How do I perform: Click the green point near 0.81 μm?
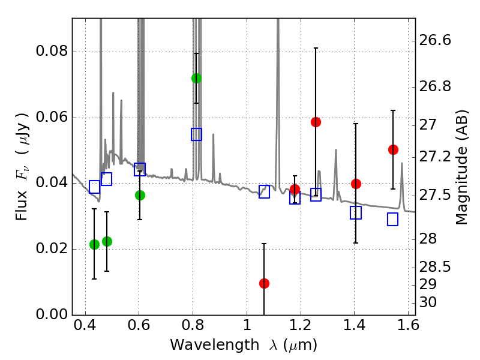point(196,78)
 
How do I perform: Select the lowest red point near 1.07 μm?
point(264,283)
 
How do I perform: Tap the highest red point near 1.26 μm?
point(316,122)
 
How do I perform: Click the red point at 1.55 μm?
point(393,149)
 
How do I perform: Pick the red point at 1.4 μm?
point(356,184)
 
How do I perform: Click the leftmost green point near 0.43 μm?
point(94,244)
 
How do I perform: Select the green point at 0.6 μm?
point(140,195)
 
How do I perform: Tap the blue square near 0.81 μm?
point(196,134)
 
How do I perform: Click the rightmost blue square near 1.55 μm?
point(393,220)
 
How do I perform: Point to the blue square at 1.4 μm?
point(356,212)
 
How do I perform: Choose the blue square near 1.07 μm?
point(264,192)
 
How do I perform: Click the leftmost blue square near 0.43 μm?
point(94,187)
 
